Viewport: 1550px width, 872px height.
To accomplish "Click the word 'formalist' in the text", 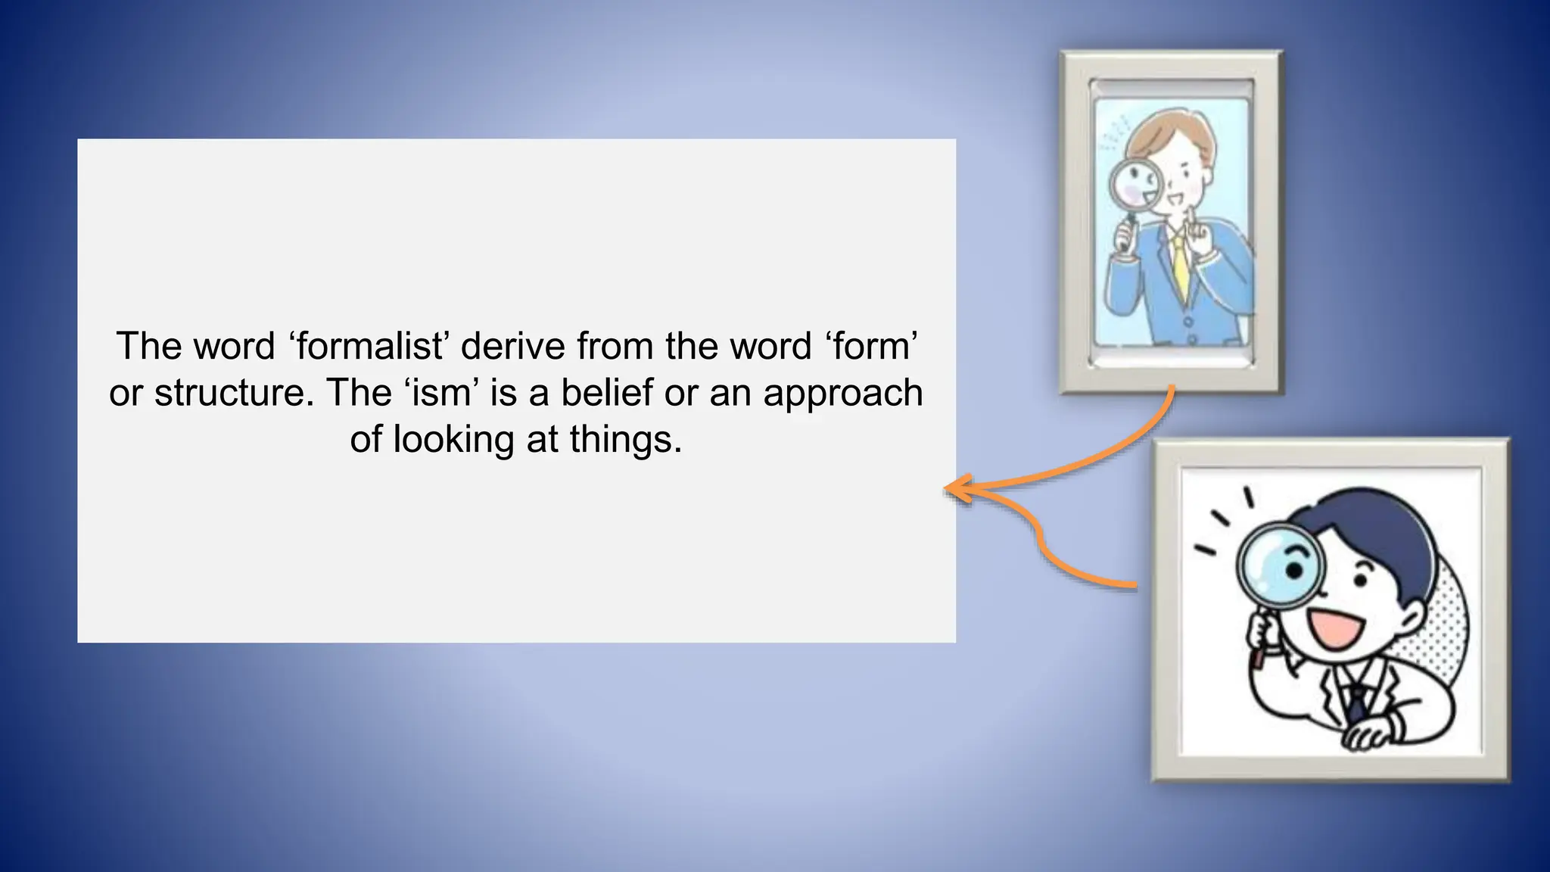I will point(370,347).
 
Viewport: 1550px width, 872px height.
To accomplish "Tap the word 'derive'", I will point(513,347).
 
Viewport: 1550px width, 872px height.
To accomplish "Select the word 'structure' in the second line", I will point(233,393).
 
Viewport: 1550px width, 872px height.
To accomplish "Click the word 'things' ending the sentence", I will point(621,440).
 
